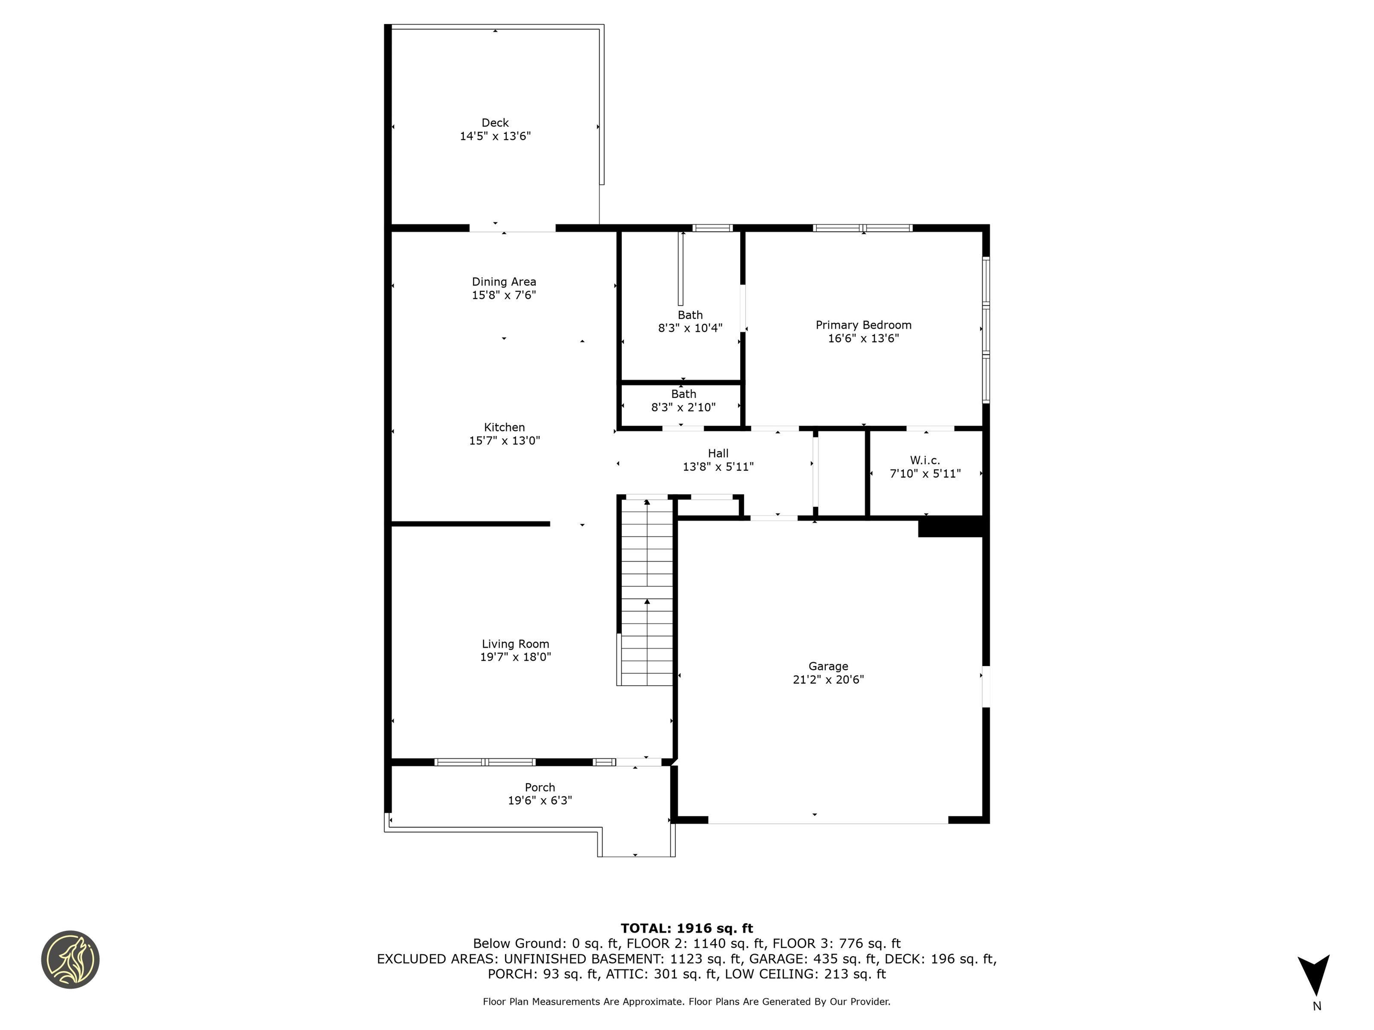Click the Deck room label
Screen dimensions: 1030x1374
(495, 123)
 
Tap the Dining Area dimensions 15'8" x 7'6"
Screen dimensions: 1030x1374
(504, 295)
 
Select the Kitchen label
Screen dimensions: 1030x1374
(505, 427)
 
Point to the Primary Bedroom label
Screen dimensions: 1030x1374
(863, 325)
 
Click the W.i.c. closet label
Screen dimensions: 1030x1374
(925, 460)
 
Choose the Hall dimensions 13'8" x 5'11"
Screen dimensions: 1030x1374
(718, 467)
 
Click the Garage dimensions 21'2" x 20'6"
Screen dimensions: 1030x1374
(828, 679)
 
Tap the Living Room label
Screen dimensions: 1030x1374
(516, 644)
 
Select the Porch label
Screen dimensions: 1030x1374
(540, 787)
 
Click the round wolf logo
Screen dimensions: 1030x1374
(70, 959)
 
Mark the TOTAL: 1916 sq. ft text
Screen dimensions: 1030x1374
(687, 928)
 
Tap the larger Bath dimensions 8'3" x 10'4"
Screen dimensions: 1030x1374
(690, 328)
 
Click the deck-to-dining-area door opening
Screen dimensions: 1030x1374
(512, 228)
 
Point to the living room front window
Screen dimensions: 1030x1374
(484, 762)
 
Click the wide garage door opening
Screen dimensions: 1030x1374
(828, 820)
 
